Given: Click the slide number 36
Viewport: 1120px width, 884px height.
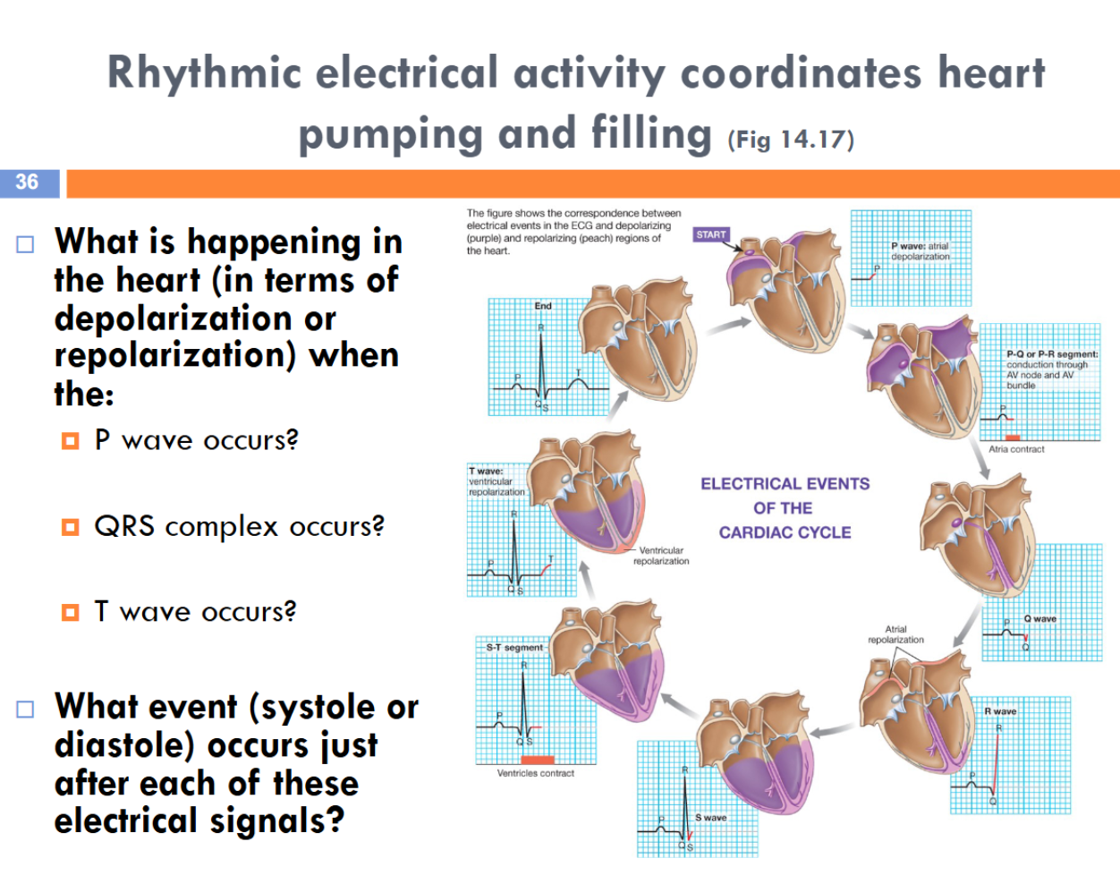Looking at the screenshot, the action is [27, 183].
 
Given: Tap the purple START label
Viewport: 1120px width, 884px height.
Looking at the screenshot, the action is [711, 234].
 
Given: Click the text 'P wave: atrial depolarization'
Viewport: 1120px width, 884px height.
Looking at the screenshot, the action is [921, 251].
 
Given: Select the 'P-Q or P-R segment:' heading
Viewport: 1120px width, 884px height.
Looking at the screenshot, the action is [1052, 354].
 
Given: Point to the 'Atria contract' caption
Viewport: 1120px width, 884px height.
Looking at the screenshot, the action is [1016, 449].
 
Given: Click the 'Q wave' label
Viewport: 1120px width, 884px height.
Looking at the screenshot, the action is [1039, 618].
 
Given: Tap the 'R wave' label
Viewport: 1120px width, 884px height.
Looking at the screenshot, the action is [1000, 711].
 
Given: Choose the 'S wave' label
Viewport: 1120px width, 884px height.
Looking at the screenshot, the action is [711, 818].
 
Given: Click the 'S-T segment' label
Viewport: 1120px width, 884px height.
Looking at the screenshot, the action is [514, 647].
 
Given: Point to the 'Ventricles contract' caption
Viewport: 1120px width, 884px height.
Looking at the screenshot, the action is [536, 773].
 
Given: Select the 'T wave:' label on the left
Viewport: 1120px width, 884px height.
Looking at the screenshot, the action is [486, 472].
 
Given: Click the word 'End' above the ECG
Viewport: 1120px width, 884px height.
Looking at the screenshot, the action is [543, 306].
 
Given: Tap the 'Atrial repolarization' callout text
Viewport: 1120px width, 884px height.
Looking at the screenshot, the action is [895, 634].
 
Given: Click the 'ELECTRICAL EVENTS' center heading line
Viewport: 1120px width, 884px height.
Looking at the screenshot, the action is [785, 484].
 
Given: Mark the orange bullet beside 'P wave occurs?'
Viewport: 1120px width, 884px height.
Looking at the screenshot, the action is [71, 441].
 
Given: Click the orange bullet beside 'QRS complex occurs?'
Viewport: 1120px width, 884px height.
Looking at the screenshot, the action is [71, 527].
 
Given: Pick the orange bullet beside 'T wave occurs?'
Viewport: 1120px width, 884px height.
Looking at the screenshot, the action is [71, 612].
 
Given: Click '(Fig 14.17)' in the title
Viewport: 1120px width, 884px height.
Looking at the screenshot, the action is [791, 140].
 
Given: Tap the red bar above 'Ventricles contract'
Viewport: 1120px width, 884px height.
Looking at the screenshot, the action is [538, 760].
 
